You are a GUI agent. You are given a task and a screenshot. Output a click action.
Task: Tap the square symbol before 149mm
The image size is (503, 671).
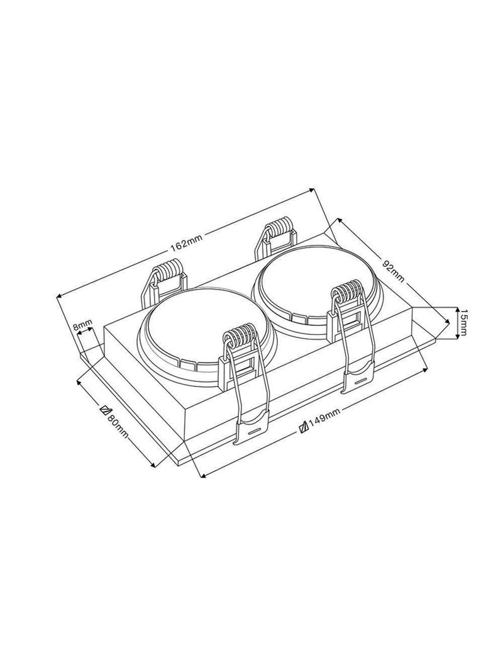coord(304,426)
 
